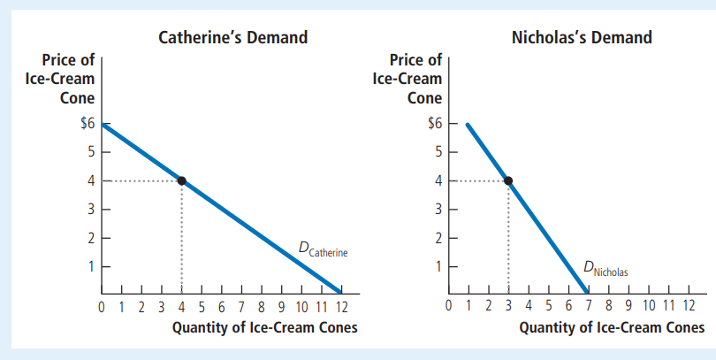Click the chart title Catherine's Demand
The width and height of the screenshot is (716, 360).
[x=232, y=37]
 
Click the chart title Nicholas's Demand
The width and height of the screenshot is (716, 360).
[x=582, y=37]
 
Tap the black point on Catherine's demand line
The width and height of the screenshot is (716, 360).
[x=181, y=180]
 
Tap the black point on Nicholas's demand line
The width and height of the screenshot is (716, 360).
[x=508, y=180]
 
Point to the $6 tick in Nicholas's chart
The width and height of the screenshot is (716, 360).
[x=433, y=124]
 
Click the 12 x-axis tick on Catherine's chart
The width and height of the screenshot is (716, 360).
[x=340, y=308]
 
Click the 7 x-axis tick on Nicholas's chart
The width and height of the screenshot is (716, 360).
[x=587, y=308]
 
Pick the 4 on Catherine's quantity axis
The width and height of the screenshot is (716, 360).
[x=181, y=308]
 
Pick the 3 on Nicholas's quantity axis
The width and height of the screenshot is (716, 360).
[x=508, y=308]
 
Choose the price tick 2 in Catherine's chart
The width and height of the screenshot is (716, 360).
[x=90, y=238]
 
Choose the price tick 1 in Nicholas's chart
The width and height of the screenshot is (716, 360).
[x=438, y=266]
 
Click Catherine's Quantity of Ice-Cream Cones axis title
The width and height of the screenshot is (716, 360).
[x=264, y=328]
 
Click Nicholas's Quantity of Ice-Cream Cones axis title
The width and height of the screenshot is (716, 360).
[x=612, y=328]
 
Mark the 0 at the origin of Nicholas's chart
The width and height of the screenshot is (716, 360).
[x=449, y=308]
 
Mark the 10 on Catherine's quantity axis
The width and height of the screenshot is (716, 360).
[x=301, y=308]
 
